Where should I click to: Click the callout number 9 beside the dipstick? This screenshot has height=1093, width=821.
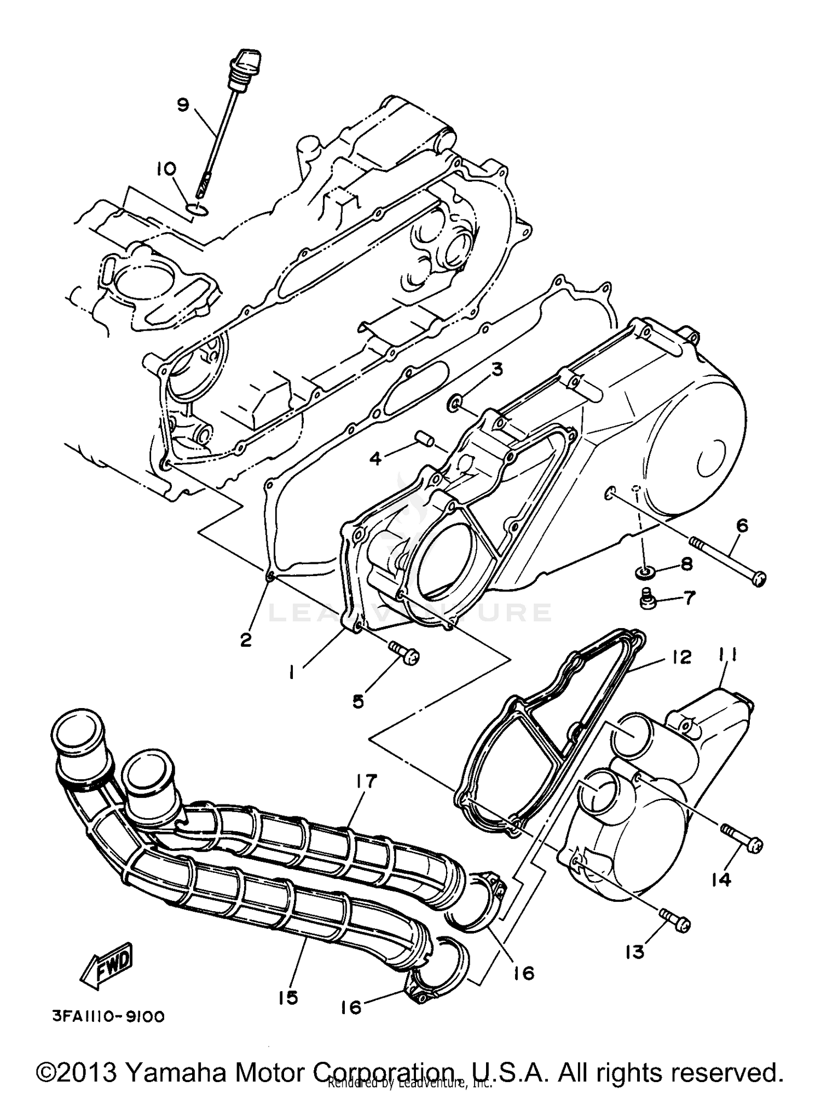[182, 105]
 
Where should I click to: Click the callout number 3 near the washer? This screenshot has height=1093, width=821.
[496, 370]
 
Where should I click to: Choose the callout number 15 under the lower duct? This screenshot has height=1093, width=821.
[287, 996]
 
